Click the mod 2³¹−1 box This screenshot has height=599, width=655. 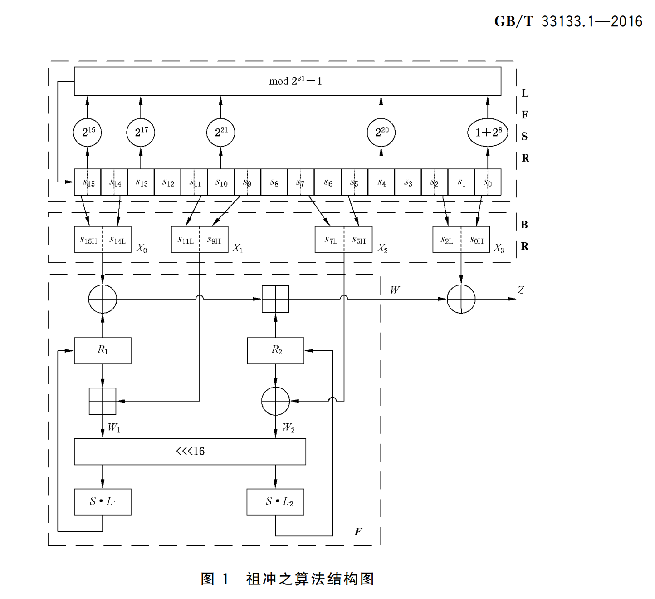[x=287, y=81]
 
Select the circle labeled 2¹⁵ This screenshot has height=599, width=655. [x=88, y=132]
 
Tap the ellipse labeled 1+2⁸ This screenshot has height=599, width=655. [x=488, y=132]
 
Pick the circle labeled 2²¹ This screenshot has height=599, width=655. [x=221, y=132]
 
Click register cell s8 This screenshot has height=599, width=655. [x=274, y=182]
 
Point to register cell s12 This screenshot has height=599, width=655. [x=168, y=182]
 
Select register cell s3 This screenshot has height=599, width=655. [x=408, y=182]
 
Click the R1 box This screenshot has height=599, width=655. [x=103, y=350]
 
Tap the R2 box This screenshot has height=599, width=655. [x=275, y=350]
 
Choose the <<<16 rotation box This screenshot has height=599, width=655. [x=190, y=451]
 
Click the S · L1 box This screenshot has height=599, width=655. [x=103, y=501]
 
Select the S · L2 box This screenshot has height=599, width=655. [x=275, y=501]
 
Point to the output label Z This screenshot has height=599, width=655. [x=521, y=290]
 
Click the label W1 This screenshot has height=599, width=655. [x=113, y=427]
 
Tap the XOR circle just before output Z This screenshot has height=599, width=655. [x=461, y=299]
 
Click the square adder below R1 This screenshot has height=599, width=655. [x=103, y=401]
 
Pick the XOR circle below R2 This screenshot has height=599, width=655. [x=275, y=401]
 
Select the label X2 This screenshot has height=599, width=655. [x=382, y=248]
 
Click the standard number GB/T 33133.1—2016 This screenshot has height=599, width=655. [x=568, y=21]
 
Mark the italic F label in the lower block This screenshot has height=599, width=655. [x=358, y=531]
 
